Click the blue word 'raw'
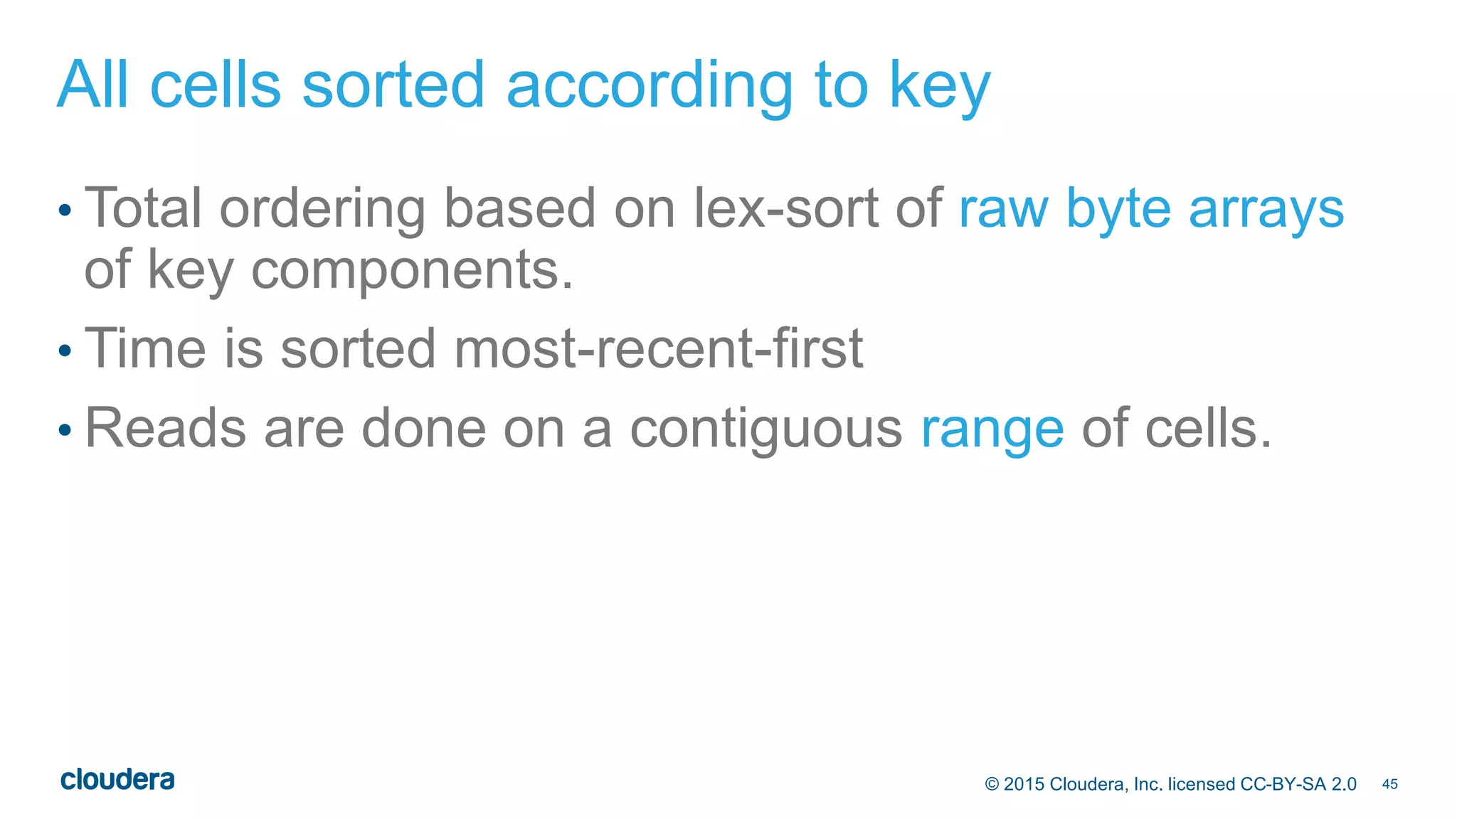(x=1003, y=210)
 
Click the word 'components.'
(x=412, y=272)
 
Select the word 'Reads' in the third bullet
(x=165, y=428)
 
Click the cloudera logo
(x=117, y=780)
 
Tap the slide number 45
(x=1389, y=784)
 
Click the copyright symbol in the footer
(x=992, y=784)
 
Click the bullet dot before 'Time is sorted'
(x=65, y=350)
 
